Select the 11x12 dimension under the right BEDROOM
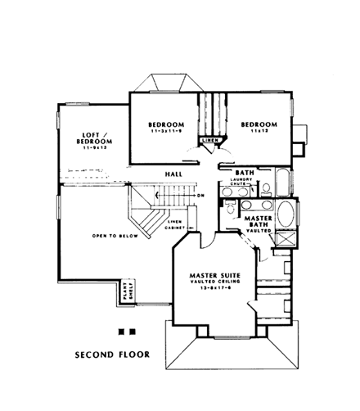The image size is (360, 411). pyautogui.click(x=259, y=132)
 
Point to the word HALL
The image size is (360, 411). pyautogui.click(x=173, y=174)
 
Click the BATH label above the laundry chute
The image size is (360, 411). pyautogui.click(x=244, y=173)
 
